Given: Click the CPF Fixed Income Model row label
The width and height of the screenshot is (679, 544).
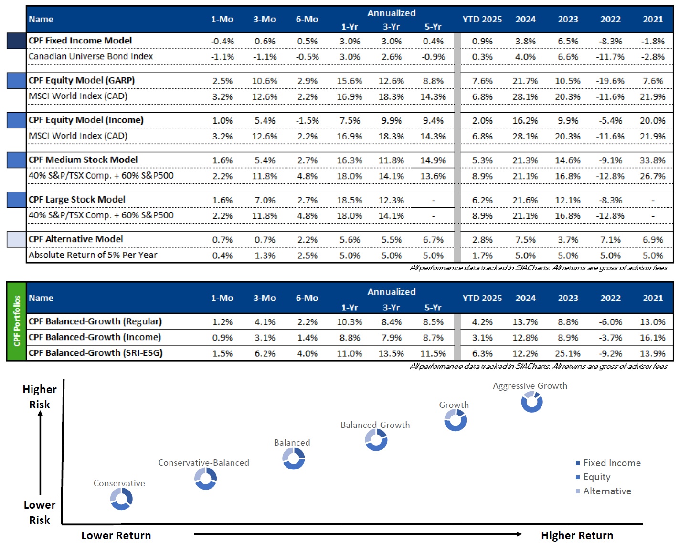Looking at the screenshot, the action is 80,41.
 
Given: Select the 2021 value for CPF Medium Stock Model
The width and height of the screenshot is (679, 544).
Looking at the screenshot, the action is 652,160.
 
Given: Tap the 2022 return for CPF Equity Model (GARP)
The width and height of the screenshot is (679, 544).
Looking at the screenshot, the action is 610,81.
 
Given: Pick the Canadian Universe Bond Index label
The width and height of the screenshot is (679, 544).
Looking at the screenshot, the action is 91,56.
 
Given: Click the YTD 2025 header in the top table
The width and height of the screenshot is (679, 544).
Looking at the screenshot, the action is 482,19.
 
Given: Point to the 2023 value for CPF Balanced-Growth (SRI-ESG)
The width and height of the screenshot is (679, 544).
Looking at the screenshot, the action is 568,353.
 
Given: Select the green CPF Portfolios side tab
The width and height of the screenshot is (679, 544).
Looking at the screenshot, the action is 16,321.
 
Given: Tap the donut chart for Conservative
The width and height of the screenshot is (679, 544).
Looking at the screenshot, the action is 121,499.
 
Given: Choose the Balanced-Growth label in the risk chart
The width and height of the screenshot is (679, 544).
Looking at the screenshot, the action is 375,425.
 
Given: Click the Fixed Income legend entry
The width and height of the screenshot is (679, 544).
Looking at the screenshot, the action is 608,463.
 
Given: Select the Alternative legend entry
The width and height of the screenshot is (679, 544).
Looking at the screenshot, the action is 603,491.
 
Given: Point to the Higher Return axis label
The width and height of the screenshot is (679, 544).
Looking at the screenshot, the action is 577,535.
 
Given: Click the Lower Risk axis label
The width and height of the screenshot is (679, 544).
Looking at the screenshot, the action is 40,512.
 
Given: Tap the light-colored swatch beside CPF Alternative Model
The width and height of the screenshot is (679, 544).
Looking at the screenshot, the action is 16,239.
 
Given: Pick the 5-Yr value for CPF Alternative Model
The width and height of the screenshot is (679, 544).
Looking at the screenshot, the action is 433,240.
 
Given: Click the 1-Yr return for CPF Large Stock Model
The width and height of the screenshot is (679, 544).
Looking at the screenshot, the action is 349,200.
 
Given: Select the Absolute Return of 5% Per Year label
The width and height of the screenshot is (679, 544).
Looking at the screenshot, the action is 93,255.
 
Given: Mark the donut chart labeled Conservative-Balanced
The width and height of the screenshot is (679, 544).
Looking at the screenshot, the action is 205,479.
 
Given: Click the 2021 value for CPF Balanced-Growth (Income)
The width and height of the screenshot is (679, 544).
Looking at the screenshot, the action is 652,338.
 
